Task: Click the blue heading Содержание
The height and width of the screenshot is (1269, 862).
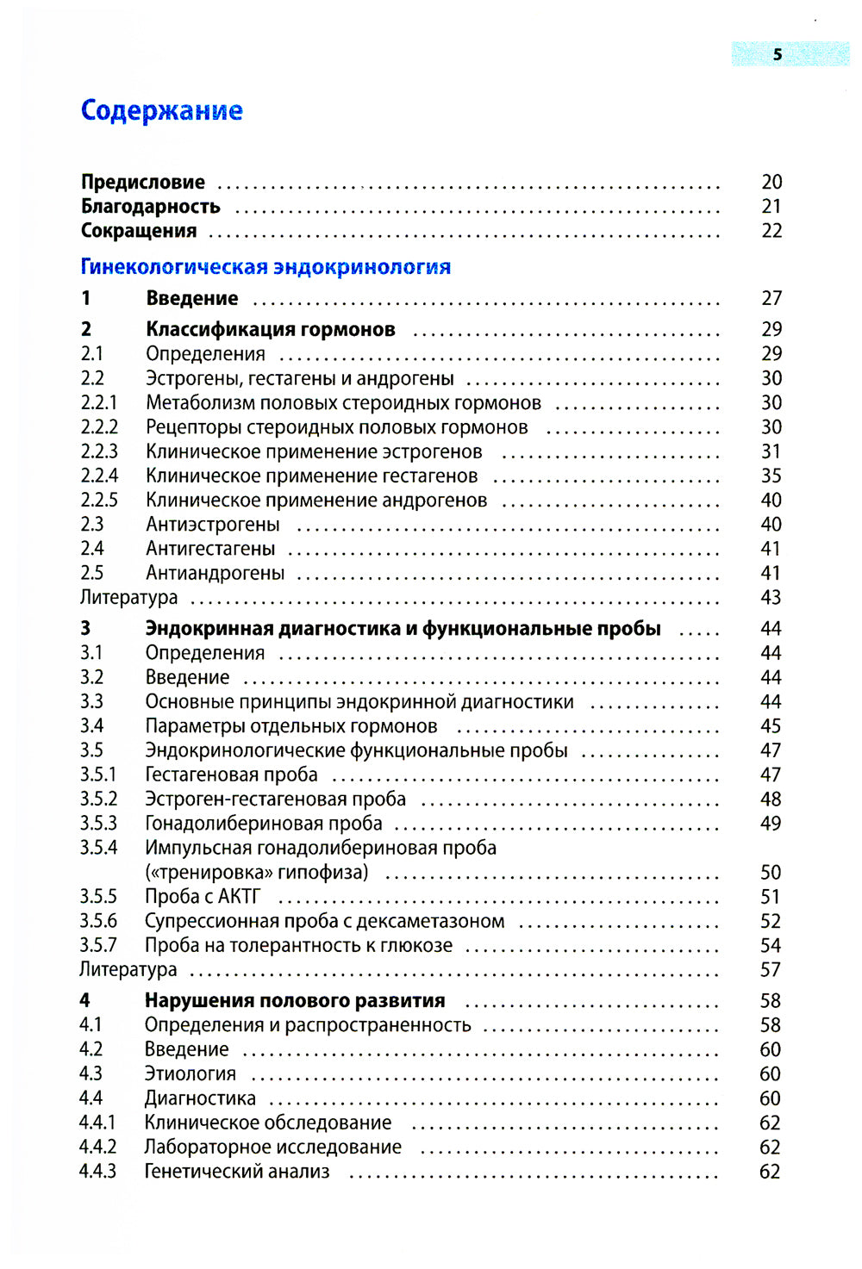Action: click(x=161, y=110)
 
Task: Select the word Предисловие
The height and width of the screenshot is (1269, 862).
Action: click(x=143, y=182)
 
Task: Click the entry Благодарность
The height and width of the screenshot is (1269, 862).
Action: click(x=151, y=207)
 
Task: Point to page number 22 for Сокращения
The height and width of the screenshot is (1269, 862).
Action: click(x=771, y=231)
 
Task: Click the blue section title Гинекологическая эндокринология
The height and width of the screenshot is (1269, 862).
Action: click(x=265, y=267)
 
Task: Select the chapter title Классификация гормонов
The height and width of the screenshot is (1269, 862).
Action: click(x=271, y=329)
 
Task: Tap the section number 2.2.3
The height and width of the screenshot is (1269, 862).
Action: click(x=99, y=451)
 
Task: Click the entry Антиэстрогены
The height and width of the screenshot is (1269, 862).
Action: click(x=213, y=525)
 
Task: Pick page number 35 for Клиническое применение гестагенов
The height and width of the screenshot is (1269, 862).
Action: click(x=771, y=476)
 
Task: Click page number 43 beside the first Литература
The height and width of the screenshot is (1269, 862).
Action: click(x=771, y=597)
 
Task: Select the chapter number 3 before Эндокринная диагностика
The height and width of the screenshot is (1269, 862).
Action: click(x=85, y=629)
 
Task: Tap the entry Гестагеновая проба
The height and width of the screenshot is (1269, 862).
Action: click(x=231, y=775)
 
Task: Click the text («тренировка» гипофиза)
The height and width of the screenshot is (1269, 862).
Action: click(x=257, y=873)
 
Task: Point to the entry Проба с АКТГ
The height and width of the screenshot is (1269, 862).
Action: click(x=203, y=897)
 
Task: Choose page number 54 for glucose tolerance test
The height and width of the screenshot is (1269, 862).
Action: click(x=771, y=946)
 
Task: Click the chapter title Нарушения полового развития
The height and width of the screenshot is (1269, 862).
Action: click(x=295, y=1001)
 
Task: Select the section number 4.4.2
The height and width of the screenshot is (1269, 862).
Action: click(x=97, y=1148)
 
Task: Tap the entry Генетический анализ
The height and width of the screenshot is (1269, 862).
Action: click(x=237, y=1172)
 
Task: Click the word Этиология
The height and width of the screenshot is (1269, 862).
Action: click(x=191, y=1074)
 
